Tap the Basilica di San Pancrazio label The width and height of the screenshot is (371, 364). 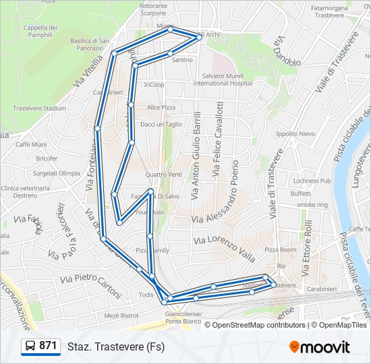point(90,44)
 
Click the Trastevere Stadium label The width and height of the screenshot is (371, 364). point(39,108)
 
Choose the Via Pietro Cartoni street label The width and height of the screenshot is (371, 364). point(90,286)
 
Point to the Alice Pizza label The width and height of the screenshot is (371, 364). point(161,107)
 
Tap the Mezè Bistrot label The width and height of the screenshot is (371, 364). point(121,315)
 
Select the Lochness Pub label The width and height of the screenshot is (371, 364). point(312,181)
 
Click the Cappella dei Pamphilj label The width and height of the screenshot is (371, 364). point(40,31)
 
